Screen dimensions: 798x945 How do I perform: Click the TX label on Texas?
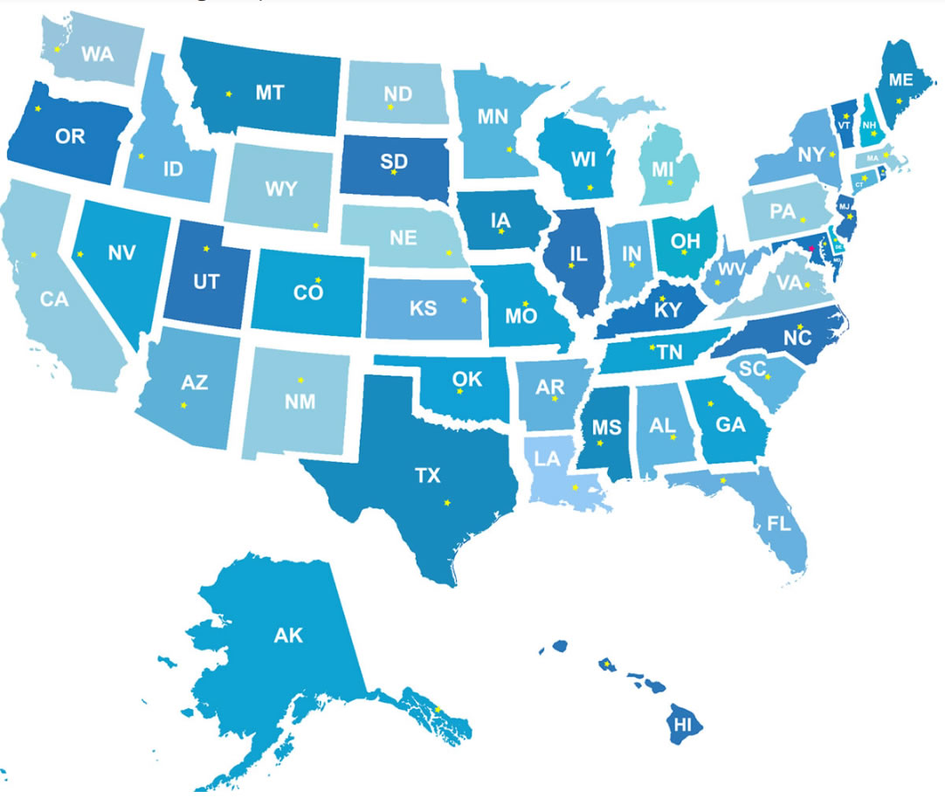pyautogui.click(x=427, y=476)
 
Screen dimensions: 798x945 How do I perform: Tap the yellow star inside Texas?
pyautogui.click(x=447, y=502)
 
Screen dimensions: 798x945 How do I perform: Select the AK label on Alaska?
pyautogui.click(x=288, y=636)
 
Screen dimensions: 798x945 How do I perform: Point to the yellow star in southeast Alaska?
pyautogui.click(x=438, y=709)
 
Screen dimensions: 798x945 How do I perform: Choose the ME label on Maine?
pyautogui.click(x=900, y=79)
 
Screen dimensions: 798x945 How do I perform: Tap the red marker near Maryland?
pyautogui.click(x=812, y=248)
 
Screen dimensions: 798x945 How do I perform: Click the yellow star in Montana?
pyautogui.click(x=229, y=93)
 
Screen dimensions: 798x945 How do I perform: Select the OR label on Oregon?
pyautogui.click(x=70, y=137)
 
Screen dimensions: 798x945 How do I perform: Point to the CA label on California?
pyautogui.click(x=54, y=299)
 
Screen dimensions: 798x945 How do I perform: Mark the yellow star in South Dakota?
pyautogui.click(x=394, y=173)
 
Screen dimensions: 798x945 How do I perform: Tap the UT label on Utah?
pyautogui.click(x=206, y=282)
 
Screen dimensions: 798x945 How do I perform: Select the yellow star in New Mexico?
pyautogui.click(x=300, y=380)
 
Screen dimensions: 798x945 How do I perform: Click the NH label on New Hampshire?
pyautogui.click(x=869, y=124)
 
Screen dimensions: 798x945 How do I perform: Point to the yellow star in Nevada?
pyautogui.click(x=79, y=254)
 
